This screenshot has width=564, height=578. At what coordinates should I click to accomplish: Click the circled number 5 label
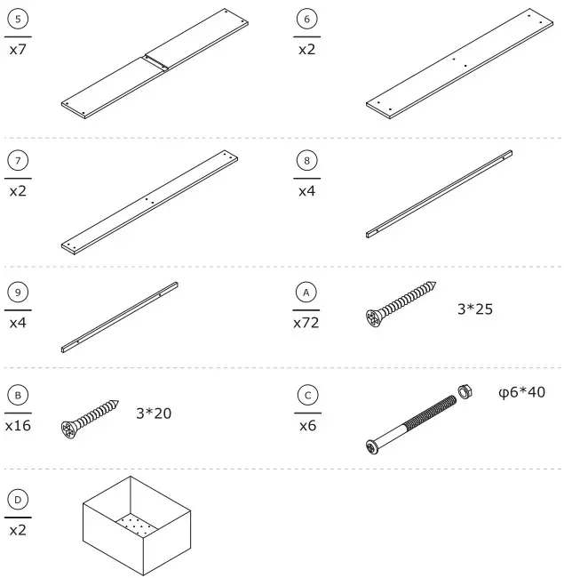(x=18, y=19)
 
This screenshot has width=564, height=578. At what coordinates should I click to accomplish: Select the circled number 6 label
(x=306, y=19)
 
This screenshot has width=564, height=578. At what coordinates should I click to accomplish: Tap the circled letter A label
(x=306, y=293)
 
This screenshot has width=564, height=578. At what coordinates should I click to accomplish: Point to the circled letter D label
(x=18, y=500)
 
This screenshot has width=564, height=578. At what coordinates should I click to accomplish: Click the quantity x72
(x=306, y=323)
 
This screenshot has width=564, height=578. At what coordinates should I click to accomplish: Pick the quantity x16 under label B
(x=18, y=425)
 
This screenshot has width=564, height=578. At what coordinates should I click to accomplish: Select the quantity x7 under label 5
(x=18, y=50)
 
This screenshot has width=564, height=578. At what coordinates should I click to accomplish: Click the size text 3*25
(x=475, y=309)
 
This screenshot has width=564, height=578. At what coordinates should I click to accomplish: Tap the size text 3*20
(x=154, y=413)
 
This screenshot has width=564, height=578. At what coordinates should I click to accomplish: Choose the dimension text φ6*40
(x=521, y=392)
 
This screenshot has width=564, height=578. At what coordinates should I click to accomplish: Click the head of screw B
(x=70, y=429)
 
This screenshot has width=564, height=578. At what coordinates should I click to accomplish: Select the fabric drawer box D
(x=137, y=526)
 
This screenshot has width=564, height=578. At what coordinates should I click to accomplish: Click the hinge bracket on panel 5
(x=157, y=60)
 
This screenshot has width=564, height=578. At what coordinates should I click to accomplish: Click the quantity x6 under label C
(x=306, y=425)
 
